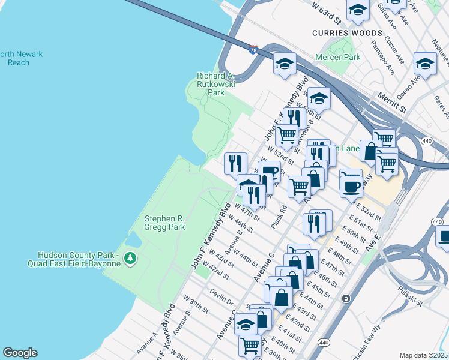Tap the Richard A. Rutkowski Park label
(x=215, y=84)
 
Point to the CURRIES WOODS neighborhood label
(x=347, y=33)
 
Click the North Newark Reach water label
(x=22, y=58)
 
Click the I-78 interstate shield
(x=253, y=50)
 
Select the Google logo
(x=20, y=353)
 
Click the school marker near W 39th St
(x=246, y=324)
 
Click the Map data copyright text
(x=423, y=355)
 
